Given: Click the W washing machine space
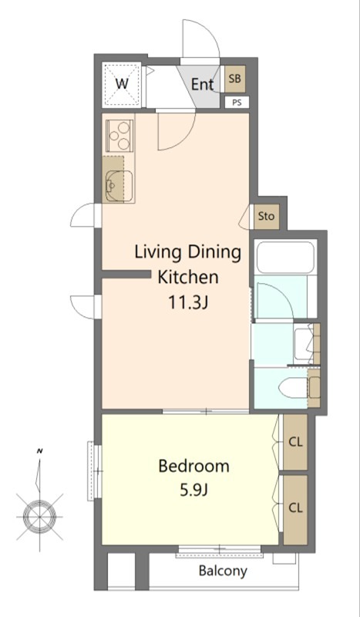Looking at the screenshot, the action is pyautogui.click(x=122, y=84).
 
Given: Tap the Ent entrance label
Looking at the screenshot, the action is pyautogui.click(x=202, y=84).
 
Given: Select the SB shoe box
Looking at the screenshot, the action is pyautogui.click(x=234, y=79).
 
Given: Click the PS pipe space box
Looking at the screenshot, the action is pyautogui.click(x=237, y=103).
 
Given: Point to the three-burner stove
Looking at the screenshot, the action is pyautogui.click(x=119, y=136).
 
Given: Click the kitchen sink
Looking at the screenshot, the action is pyautogui.click(x=119, y=186).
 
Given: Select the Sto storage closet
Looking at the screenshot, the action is pyautogui.click(x=267, y=217).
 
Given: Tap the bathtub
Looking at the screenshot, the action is pyautogui.click(x=285, y=258).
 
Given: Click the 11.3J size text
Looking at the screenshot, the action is pyautogui.click(x=188, y=302).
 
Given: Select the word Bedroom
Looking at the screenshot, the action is pyautogui.click(x=193, y=466).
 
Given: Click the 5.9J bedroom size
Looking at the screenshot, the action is pyautogui.click(x=193, y=491).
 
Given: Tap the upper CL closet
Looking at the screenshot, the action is pyautogui.click(x=295, y=441).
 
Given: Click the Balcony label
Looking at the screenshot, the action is pyautogui.click(x=223, y=571).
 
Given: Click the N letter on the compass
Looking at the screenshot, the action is pyautogui.click(x=39, y=451).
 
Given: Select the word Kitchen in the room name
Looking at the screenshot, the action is pyautogui.click(x=187, y=277).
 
